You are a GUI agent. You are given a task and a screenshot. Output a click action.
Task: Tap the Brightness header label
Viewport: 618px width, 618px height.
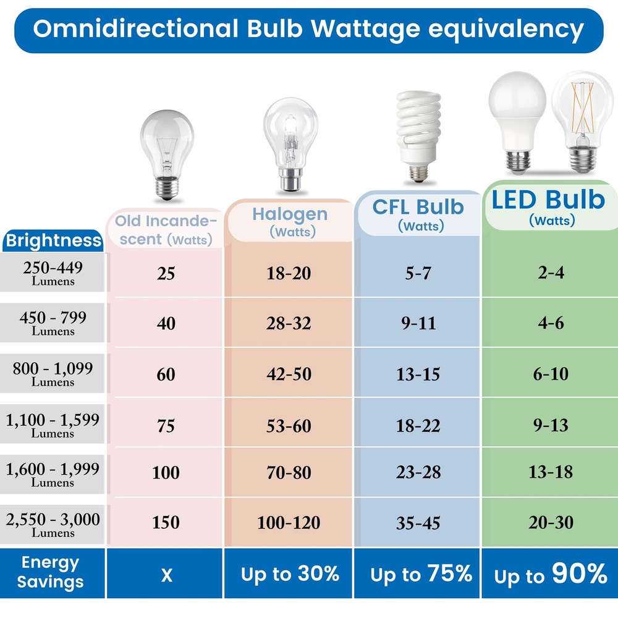[x=53, y=240]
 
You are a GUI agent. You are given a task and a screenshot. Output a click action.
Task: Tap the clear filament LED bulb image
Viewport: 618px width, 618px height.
[x=583, y=120]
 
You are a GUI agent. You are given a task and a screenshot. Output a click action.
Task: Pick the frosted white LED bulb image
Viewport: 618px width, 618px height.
[x=517, y=118]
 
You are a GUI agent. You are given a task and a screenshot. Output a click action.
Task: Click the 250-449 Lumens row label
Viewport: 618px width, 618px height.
[x=53, y=273]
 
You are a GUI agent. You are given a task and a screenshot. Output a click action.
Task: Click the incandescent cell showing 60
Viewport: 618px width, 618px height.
[x=166, y=375]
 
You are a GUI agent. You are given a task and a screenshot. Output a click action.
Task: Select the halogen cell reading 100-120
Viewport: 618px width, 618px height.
[x=289, y=523]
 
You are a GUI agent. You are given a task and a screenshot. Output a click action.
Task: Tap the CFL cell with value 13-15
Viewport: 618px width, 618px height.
[x=418, y=375]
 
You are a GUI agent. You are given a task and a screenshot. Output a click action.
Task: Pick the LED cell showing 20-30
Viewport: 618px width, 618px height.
[x=550, y=523]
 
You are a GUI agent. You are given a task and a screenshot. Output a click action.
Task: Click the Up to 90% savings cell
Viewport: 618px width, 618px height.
[x=550, y=575]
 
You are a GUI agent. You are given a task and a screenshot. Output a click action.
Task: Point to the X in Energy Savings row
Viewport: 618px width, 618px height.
[x=166, y=575]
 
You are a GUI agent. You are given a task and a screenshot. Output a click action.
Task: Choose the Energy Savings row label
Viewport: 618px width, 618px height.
[x=50, y=572]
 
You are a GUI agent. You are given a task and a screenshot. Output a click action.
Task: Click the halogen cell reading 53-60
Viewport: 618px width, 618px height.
[x=289, y=426]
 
